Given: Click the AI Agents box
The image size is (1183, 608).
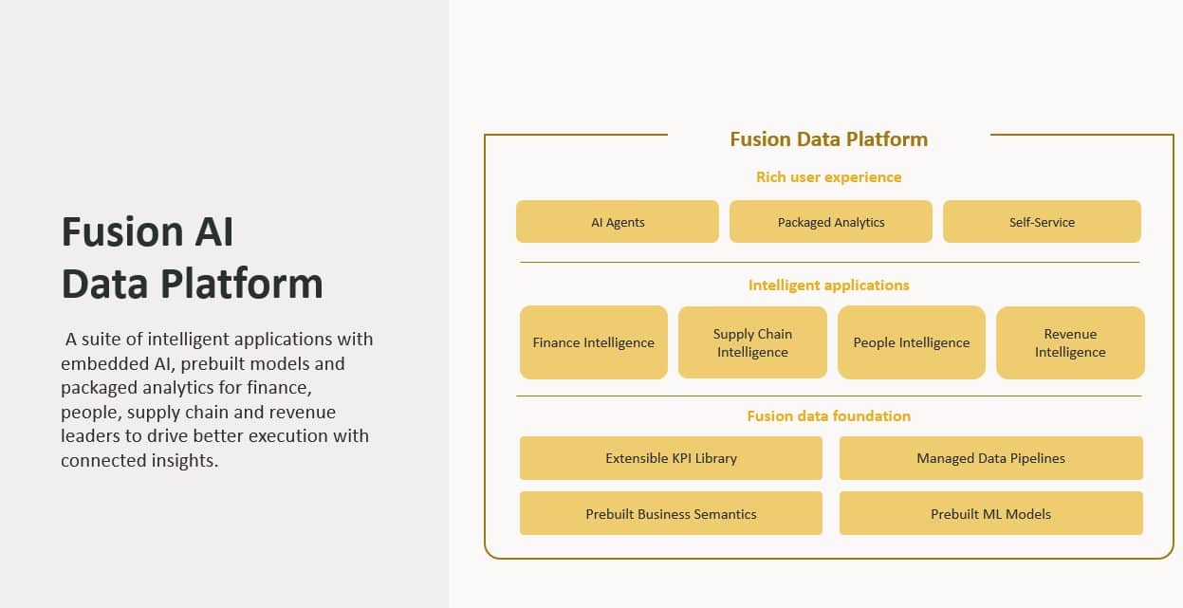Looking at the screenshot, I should (618, 222).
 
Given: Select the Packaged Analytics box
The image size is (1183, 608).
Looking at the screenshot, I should (831, 222).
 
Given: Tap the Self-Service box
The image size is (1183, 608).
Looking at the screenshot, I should (1042, 222).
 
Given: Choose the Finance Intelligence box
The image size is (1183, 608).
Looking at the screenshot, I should (594, 342).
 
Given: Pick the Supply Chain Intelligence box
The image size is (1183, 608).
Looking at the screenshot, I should (752, 342).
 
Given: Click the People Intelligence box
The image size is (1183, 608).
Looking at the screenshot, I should (912, 342).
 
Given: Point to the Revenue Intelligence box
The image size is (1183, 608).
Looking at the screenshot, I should (1070, 342).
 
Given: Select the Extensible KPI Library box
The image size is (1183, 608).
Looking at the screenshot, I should (671, 458).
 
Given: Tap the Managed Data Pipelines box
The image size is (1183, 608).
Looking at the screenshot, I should (990, 458).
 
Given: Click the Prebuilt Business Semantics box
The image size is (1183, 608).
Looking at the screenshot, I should (671, 514).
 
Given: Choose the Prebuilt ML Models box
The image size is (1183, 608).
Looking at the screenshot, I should (990, 514).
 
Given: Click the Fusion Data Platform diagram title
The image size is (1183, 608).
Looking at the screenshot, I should (828, 139).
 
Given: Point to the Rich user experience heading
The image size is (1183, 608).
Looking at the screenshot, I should (828, 177).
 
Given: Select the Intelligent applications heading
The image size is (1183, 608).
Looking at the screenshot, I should (828, 286).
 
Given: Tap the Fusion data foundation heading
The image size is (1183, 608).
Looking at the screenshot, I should (828, 416).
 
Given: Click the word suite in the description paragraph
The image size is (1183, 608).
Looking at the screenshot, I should (103, 340).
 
